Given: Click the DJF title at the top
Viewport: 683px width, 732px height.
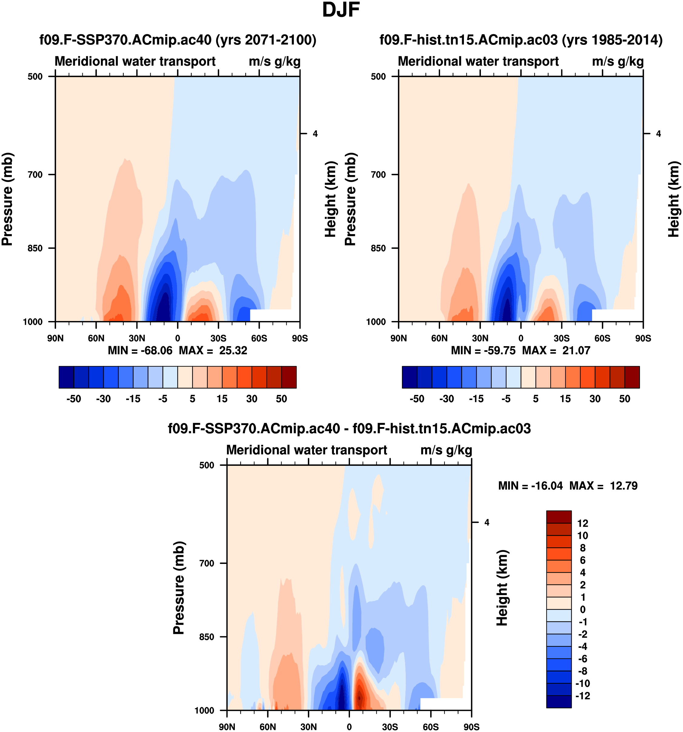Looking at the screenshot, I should pos(341,10).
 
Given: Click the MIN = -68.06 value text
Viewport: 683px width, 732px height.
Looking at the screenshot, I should pos(140,350).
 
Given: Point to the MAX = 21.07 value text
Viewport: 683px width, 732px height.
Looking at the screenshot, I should pos(556,350).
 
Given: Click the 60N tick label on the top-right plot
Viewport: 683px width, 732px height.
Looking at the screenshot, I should pos(439,338).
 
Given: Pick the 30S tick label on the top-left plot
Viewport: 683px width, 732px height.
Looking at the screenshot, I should pos(218,338).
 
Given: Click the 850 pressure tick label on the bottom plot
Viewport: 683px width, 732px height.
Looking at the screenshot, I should pos(206,637).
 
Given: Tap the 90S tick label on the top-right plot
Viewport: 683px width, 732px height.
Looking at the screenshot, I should pos(643,338).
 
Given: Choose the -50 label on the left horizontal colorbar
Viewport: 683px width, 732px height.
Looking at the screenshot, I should pos(74,399).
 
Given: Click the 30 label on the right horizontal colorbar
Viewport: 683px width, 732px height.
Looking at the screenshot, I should pos(595,399).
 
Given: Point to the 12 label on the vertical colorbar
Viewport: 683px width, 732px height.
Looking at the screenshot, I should pos(582,523).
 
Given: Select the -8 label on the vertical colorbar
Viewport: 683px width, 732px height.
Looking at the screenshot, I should pos(582,671).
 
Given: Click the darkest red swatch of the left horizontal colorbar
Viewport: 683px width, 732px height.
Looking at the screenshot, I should pos(289,377).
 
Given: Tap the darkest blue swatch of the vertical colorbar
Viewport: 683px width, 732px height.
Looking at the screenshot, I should pos(559,701).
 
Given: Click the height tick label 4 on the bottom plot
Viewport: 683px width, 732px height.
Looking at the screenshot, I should pos(487,522).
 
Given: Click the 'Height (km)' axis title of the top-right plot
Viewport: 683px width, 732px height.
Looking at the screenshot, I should pos(673,199).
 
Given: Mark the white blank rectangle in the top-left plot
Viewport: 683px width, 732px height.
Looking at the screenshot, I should pos(271,315).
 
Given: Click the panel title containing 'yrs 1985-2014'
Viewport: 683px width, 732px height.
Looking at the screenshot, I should pos(521,40).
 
